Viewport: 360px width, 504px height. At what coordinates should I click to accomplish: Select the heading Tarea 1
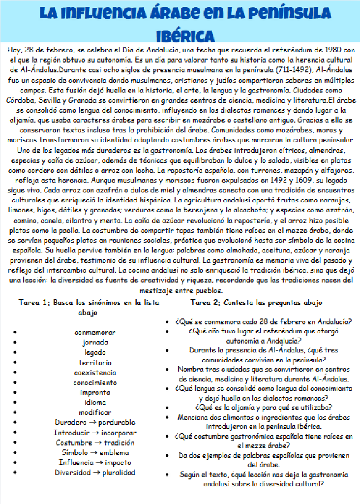click(x=34, y=302)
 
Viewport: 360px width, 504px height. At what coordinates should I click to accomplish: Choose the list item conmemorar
click(x=95, y=332)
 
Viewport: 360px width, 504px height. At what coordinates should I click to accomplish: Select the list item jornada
click(x=95, y=342)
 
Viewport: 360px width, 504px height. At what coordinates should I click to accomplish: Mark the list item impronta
click(x=95, y=392)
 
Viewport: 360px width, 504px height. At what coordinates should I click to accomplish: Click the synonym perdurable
click(x=117, y=422)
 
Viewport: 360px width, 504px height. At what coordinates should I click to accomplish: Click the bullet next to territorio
click(x=16, y=363)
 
